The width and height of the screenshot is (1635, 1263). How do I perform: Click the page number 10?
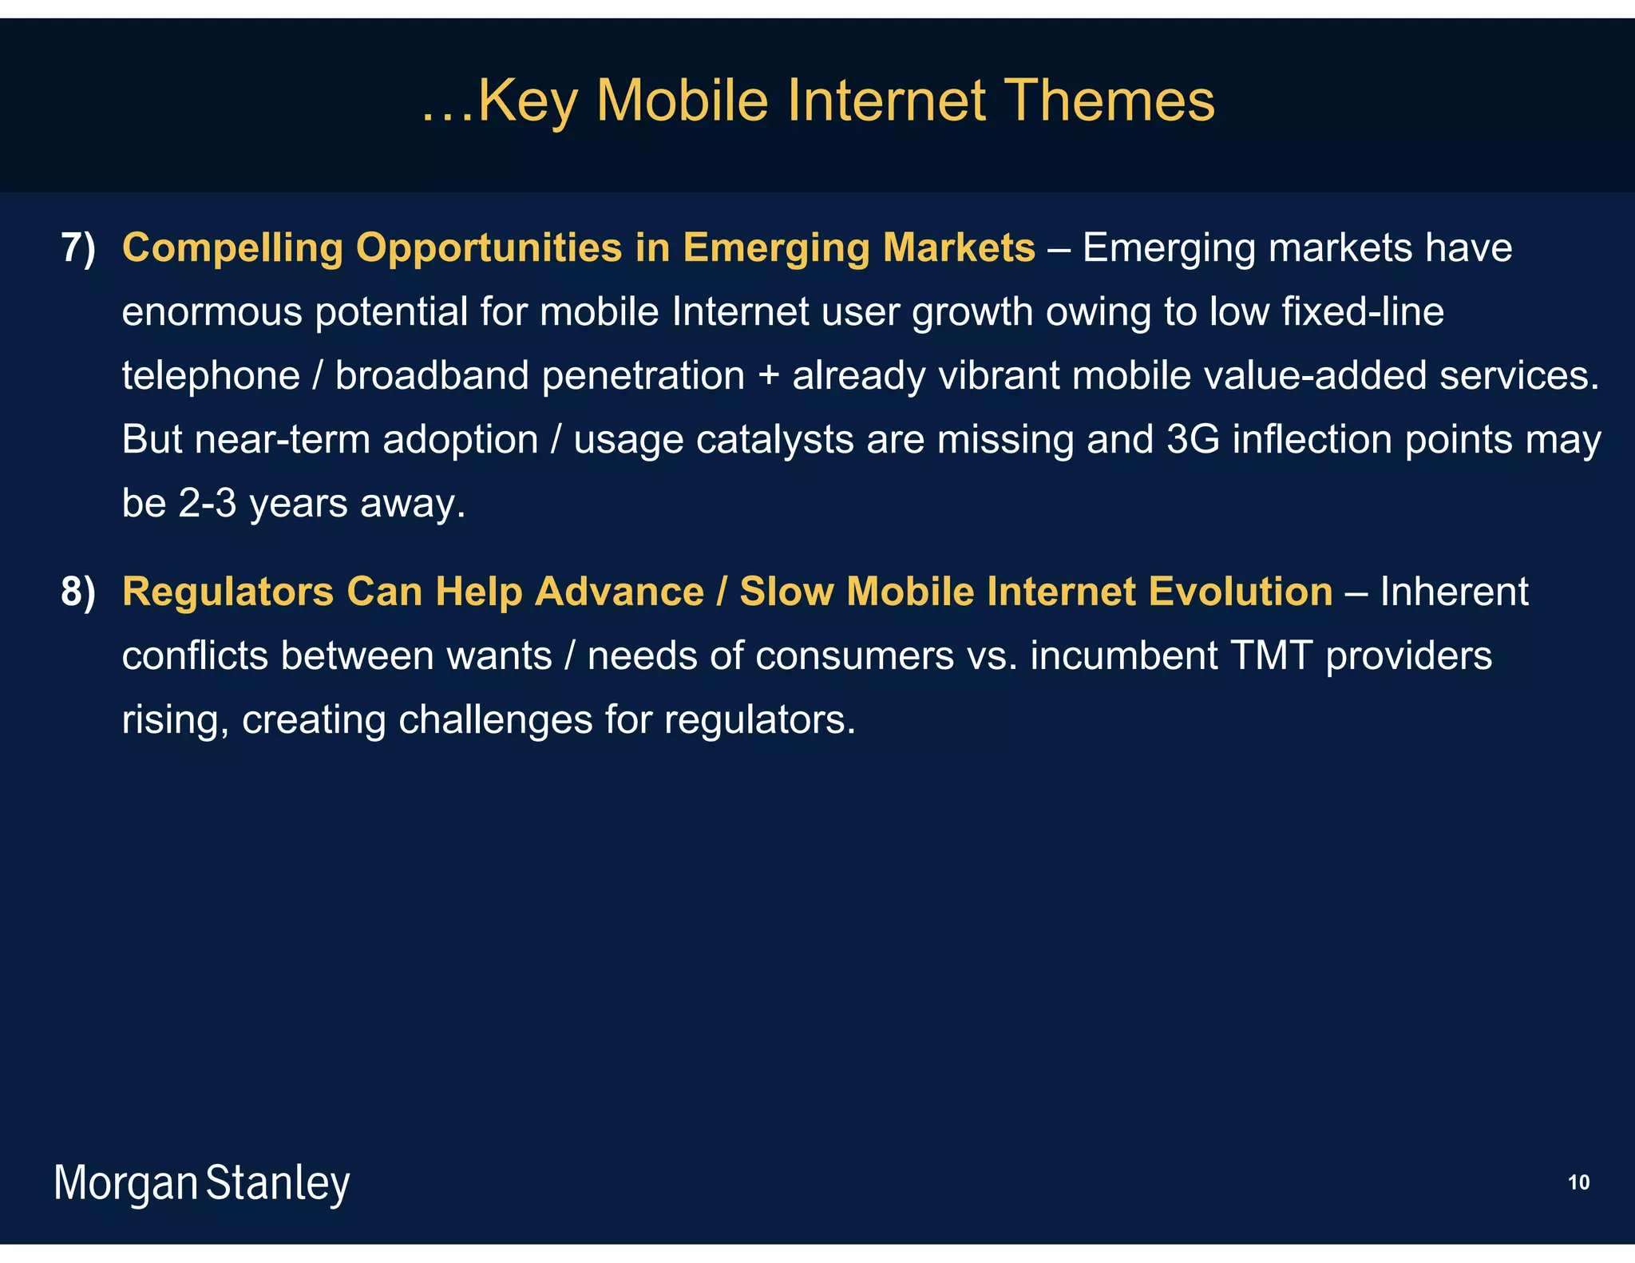tap(1578, 1182)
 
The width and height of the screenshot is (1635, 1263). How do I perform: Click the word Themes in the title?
tap(1109, 101)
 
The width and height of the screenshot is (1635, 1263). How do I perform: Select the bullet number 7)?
tap(78, 248)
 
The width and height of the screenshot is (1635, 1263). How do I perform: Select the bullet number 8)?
tap(78, 592)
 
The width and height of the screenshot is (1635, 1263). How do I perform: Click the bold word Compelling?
tap(232, 248)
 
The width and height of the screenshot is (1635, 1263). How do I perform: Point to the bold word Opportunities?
tap(489, 248)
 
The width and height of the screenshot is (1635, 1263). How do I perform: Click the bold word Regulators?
tap(228, 592)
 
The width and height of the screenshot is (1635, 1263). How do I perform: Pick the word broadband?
tap(432, 375)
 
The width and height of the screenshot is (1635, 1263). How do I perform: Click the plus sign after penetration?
tap(768, 377)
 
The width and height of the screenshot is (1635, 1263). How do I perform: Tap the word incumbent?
tap(1124, 656)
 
